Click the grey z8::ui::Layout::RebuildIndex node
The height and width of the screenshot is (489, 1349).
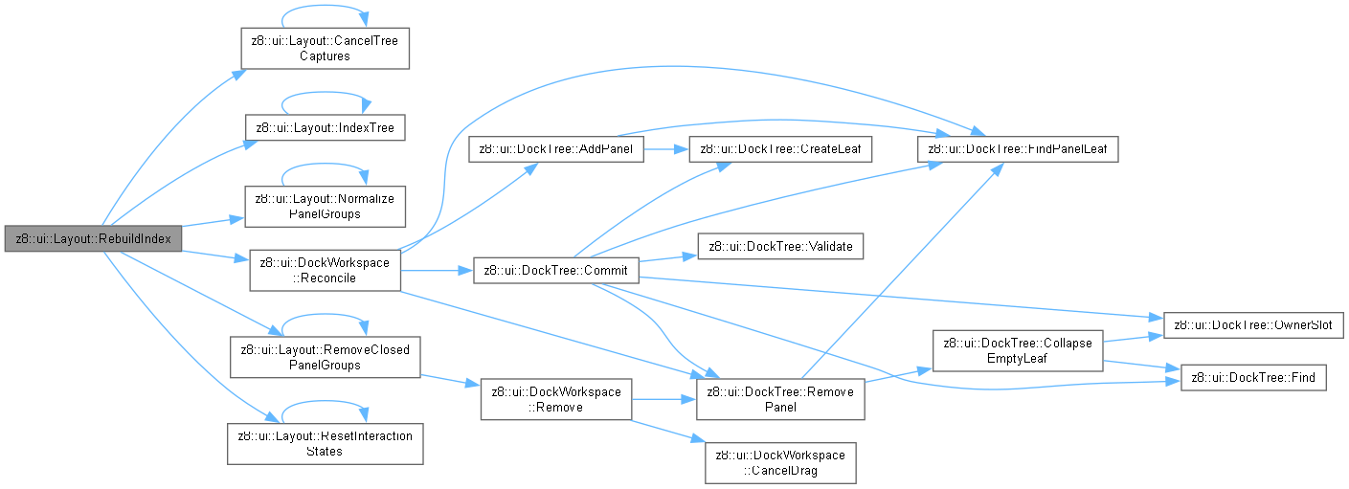coord(93,238)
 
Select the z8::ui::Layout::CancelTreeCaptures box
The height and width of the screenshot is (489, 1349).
coord(326,48)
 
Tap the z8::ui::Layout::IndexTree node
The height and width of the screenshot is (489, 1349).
coord(326,127)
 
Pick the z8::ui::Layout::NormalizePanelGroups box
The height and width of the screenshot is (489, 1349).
coord(326,207)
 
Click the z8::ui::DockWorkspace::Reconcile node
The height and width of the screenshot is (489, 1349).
coord(326,271)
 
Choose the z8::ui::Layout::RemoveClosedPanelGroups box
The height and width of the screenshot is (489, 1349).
coord(326,357)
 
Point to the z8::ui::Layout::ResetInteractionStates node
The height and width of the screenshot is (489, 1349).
coord(326,444)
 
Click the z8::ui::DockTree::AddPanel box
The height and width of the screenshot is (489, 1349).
coord(556,148)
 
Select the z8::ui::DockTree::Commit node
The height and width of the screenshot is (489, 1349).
coord(556,271)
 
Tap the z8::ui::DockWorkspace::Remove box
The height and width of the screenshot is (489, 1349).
coord(556,399)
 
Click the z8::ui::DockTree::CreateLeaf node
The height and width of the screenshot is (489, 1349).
coord(780,148)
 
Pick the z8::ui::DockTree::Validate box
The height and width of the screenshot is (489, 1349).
coord(780,246)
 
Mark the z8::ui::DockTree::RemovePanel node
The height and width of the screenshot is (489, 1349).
coord(780,399)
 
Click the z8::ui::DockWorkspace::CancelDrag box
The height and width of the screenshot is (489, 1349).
coord(780,463)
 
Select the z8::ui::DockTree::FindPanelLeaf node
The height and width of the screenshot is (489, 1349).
coord(1018,148)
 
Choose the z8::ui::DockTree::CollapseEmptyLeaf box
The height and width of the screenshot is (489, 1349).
coord(1018,350)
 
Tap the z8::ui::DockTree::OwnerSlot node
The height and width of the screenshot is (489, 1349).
coord(1253,325)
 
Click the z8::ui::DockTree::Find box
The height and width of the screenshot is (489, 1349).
coord(1253,378)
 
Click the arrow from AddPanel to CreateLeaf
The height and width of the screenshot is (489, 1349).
coord(666,148)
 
